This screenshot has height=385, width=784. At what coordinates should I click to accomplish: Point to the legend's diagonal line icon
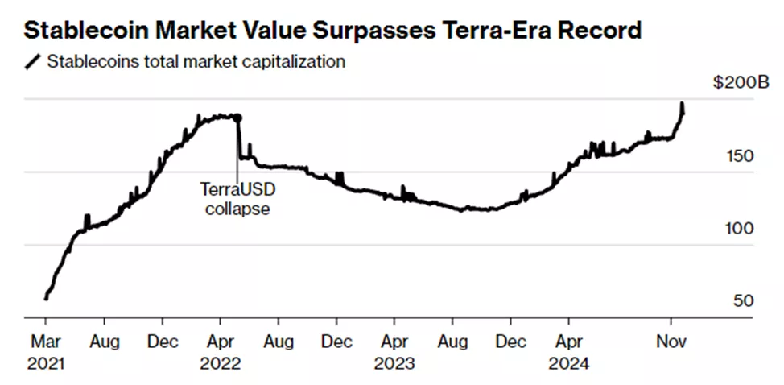pyautogui.click(x=34, y=62)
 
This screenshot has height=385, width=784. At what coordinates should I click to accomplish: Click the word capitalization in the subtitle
pyautogui.click(x=299, y=61)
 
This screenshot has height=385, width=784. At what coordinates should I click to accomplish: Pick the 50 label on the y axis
pyautogui.click(x=743, y=300)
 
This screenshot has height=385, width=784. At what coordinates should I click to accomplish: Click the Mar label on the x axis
pyautogui.click(x=44, y=342)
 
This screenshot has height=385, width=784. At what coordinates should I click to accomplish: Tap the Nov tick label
pyautogui.click(x=670, y=342)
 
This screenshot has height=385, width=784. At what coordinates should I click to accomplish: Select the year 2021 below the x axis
pyautogui.click(x=44, y=363)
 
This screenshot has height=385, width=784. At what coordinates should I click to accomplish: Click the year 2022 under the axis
pyautogui.click(x=221, y=363)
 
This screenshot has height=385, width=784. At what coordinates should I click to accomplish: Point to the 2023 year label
pyautogui.click(x=395, y=363)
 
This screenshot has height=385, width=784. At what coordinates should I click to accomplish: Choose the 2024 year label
pyautogui.click(x=569, y=363)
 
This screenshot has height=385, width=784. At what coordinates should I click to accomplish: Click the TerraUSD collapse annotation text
pyautogui.click(x=235, y=200)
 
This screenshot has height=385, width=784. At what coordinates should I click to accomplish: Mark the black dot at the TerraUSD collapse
pyautogui.click(x=237, y=118)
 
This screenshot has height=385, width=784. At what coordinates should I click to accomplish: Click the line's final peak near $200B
pyautogui.click(x=682, y=105)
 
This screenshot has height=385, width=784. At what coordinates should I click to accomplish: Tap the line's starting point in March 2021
pyautogui.click(x=46, y=298)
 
